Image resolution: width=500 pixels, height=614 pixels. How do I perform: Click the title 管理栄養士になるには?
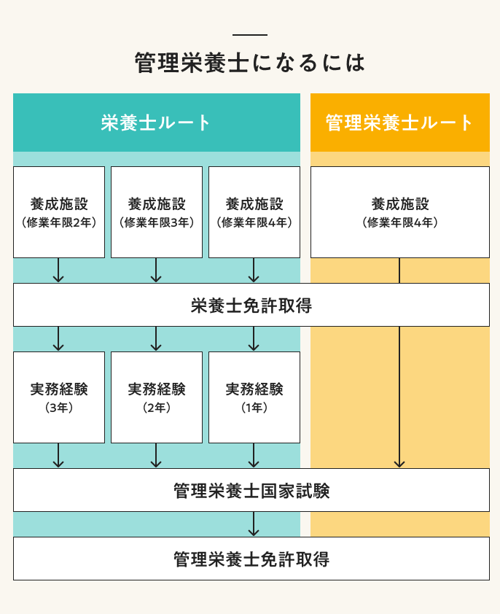pyautogui.click(x=250, y=63)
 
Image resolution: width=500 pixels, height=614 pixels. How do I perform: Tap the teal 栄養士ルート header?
pyautogui.click(x=157, y=123)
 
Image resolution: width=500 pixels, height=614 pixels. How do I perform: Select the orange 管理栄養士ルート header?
pyautogui.click(x=400, y=123)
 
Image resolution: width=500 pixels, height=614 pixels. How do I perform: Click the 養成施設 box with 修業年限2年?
pyautogui.click(x=59, y=211)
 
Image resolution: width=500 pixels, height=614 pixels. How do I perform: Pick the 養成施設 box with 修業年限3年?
pyautogui.click(x=157, y=211)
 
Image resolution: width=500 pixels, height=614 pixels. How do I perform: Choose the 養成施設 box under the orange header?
pyautogui.click(x=400, y=211)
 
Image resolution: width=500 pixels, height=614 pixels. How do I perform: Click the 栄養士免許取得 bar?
pyautogui.click(x=251, y=305)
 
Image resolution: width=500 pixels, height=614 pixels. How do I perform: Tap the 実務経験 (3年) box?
pyautogui.click(x=59, y=397)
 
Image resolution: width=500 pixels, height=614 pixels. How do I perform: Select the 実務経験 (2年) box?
pyautogui.click(x=157, y=397)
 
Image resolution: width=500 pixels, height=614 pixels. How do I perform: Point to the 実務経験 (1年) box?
pyautogui.click(x=254, y=397)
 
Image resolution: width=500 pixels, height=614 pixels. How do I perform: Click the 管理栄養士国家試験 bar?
pyautogui.click(x=251, y=490)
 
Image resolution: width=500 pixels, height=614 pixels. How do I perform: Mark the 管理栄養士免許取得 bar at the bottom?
pyautogui.click(x=251, y=559)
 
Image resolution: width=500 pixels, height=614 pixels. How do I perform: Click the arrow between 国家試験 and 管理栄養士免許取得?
pyautogui.click(x=254, y=524)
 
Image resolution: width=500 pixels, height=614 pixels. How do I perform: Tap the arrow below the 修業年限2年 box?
pyautogui.click(x=59, y=271)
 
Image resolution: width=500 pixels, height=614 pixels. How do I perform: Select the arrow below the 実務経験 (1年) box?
pyautogui.click(x=254, y=456)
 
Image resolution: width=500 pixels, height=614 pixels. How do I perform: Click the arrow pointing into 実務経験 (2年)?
pyautogui.click(x=156, y=339)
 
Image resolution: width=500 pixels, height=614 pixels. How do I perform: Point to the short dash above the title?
pyautogui.click(x=250, y=35)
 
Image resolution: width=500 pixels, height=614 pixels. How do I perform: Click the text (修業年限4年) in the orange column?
pyautogui.click(x=400, y=222)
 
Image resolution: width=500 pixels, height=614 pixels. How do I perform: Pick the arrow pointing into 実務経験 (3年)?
pyautogui.click(x=59, y=339)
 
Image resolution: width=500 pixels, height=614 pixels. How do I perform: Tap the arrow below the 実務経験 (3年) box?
pyautogui.click(x=59, y=456)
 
